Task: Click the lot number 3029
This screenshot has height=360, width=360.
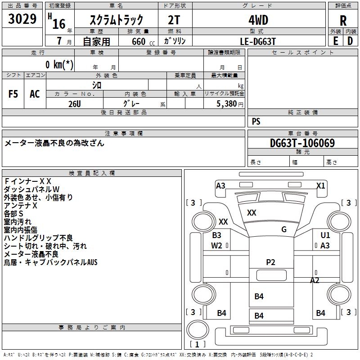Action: point(22,19)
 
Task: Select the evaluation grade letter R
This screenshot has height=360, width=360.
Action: point(343,21)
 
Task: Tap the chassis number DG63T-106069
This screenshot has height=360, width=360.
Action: point(302,144)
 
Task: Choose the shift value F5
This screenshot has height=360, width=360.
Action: point(13,94)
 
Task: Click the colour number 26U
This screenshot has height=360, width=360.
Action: point(75,103)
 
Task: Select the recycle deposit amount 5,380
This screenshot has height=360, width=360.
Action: point(227,103)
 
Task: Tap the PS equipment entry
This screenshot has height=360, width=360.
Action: point(256,121)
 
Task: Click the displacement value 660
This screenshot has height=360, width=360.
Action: point(138,41)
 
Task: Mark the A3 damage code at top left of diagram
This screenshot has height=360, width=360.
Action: point(220,185)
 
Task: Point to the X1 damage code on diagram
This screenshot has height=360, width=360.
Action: point(320,185)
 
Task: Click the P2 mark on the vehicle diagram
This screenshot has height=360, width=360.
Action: point(270,262)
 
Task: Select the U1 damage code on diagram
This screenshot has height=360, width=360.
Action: point(325,235)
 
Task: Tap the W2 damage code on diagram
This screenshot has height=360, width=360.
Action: point(217,245)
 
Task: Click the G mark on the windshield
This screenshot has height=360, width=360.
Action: point(284,229)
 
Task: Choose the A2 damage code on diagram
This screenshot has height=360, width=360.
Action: point(315,280)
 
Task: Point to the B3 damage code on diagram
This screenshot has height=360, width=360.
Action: point(217,235)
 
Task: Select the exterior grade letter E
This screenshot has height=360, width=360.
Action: point(335,40)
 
